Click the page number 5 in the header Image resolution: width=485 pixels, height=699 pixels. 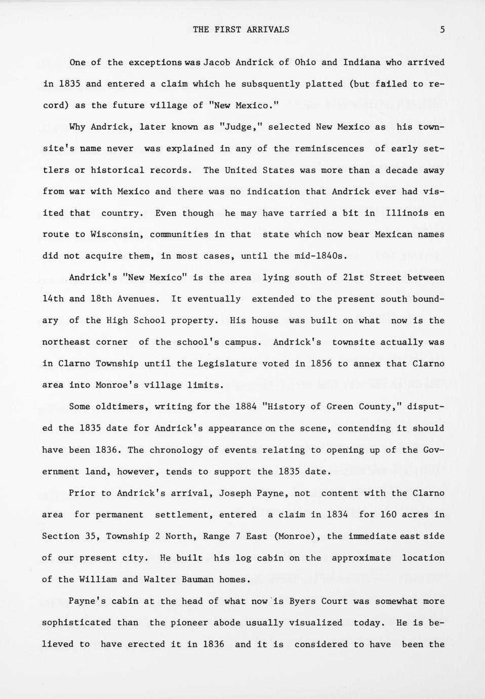[x=442, y=29]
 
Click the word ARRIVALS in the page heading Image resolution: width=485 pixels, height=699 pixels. [x=268, y=29]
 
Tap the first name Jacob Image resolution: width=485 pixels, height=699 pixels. [x=217, y=62]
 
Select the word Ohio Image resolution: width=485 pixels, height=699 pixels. [x=305, y=62]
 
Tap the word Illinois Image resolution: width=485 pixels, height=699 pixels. [x=407, y=213]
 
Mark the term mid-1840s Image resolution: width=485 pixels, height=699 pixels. [x=320, y=256]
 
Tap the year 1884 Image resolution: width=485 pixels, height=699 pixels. [x=247, y=407]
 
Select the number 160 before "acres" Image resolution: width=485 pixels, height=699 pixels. [x=388, y=515]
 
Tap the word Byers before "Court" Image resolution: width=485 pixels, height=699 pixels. [x=302, y=601]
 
